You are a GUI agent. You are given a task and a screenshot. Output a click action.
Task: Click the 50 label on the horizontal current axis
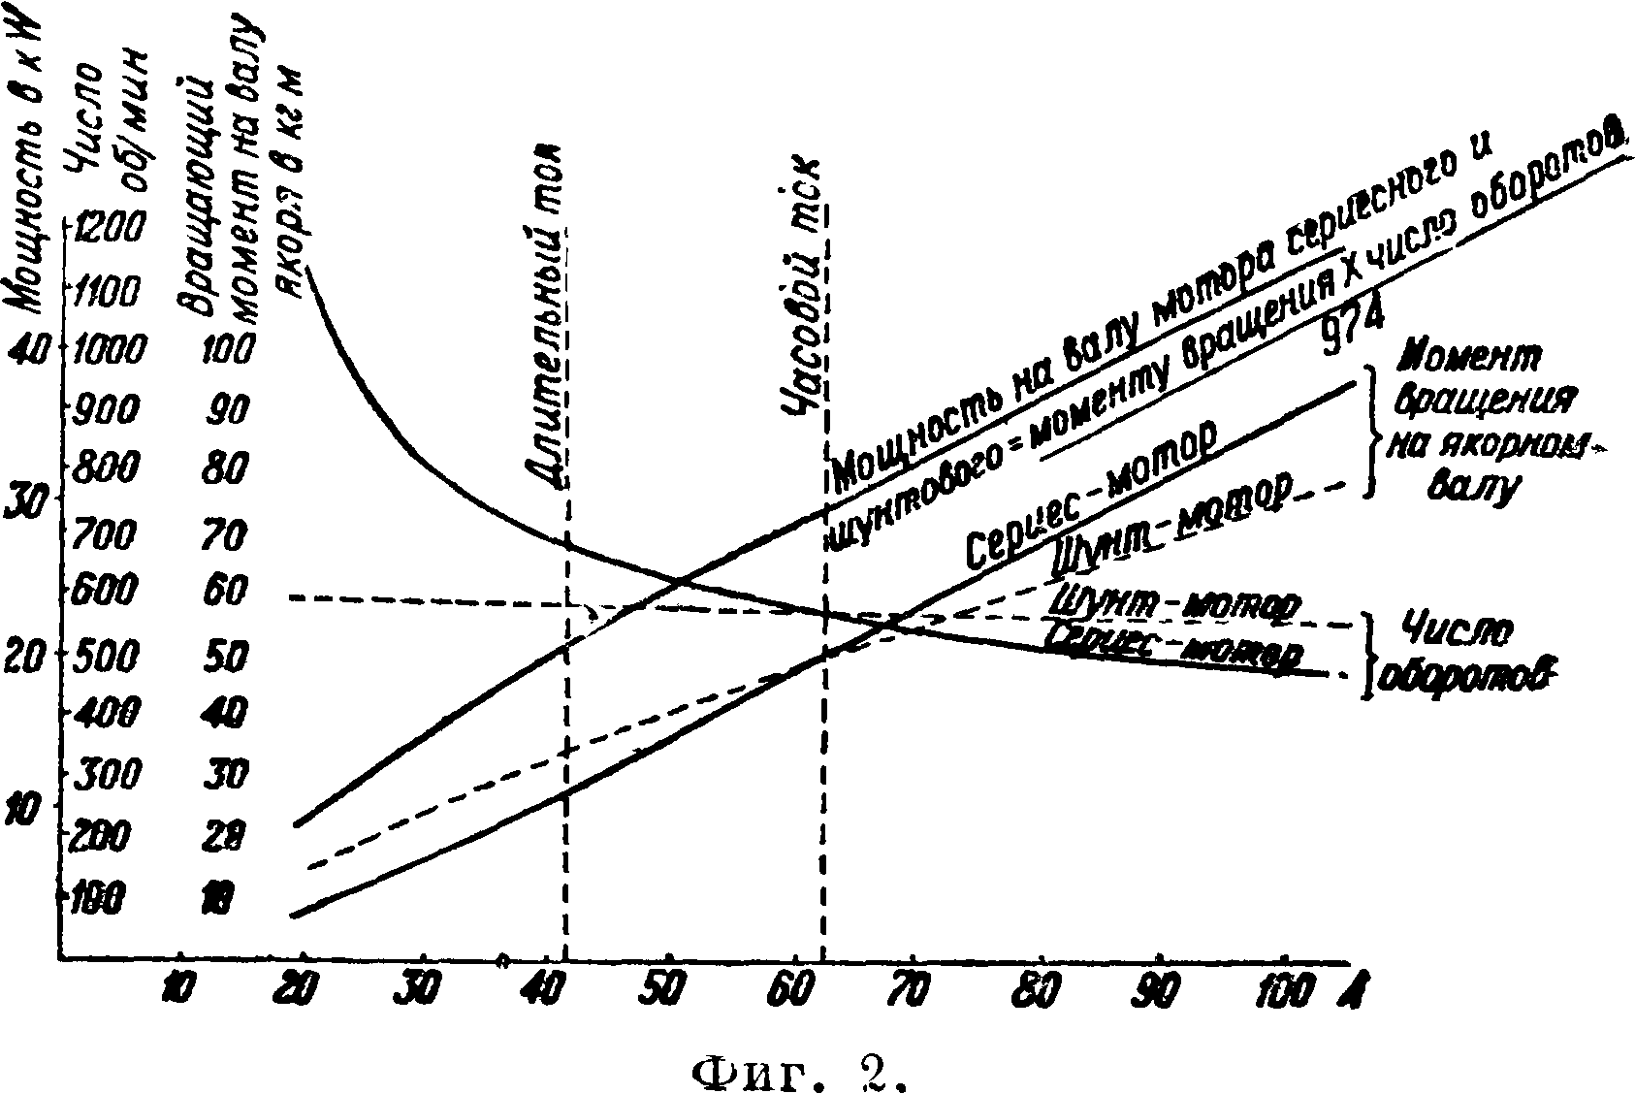pyautogui.click(x=668, y=988)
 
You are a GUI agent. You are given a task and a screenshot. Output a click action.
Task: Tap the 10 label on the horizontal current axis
pyautogui.click(x=178, y=988)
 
